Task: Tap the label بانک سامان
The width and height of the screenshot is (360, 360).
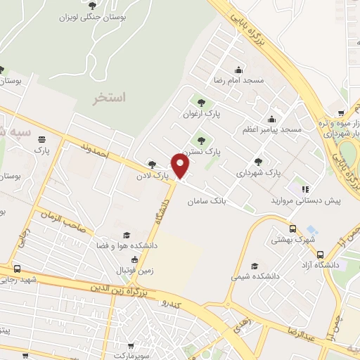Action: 208,202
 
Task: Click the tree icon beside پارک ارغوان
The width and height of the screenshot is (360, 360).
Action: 202,103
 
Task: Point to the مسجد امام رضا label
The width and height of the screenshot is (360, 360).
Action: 243,80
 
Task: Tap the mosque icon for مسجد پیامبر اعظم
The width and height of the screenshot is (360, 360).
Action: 271,119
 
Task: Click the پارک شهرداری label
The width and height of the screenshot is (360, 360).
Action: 258,172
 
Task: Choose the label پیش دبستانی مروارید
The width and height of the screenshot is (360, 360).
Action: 307,200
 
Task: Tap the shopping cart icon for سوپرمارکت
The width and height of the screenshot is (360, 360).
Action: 131,345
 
